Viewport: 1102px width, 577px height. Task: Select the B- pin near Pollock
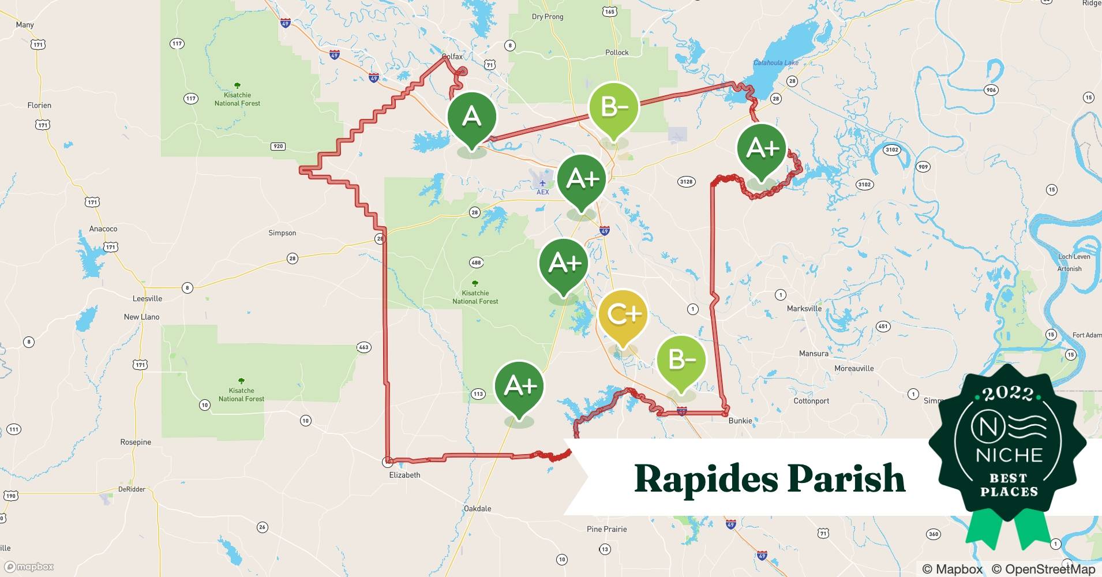tap(614, 107)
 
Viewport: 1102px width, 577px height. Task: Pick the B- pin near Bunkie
tap(681, 361)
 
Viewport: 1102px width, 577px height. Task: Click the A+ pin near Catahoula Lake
tap(762, 149)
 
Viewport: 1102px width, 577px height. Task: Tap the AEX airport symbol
tap(542, 183)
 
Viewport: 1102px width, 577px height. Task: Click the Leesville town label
tap(147, 298)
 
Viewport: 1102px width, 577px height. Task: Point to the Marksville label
tap(804, 309)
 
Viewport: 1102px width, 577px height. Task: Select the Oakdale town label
tap(477, 508)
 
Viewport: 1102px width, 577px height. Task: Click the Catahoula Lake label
tap(776, 63)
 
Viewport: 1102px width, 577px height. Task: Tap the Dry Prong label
tap(547, 17)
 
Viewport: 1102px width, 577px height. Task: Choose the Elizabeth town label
tap(404, 475)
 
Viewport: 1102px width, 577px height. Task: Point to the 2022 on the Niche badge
tap(1008, 394)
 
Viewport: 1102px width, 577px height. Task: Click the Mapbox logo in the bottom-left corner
tap(29, 567)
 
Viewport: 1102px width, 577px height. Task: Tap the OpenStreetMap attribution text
tap(1043, 569)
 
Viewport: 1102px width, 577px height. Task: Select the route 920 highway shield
tap(278, 146)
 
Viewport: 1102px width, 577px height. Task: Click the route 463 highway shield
tap(363, 347)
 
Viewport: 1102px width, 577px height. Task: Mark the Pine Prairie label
tap(606, 529)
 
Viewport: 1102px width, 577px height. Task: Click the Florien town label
tap(39, 105)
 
